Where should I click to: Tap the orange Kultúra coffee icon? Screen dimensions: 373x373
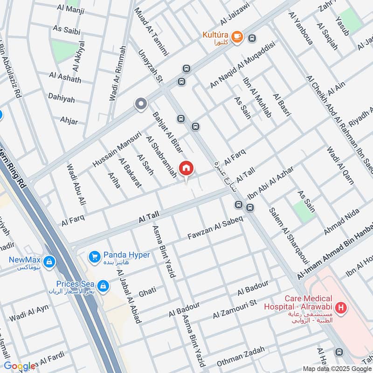237,36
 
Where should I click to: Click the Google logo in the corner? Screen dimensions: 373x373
20,366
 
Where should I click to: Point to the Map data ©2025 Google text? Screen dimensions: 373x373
336,368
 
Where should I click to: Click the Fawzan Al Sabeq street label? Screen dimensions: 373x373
215,229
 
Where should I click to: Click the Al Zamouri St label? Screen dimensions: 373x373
235,310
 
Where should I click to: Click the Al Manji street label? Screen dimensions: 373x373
67,9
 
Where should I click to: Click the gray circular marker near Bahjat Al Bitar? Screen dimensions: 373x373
140,104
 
